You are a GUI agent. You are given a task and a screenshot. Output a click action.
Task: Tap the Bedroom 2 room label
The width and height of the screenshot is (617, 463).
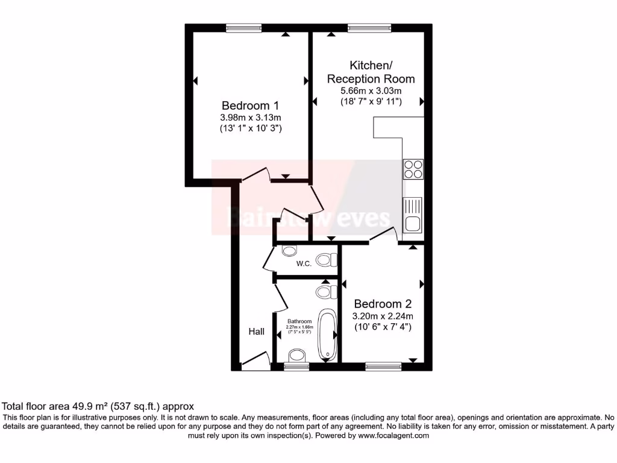pyautogui.click(x=383, y=303)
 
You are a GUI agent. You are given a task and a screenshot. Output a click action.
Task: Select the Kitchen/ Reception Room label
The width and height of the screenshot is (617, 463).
pyautogui.click(x=371, y=72)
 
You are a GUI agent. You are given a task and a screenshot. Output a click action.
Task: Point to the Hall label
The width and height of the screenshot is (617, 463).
pyautogui.click(x=257, y=332)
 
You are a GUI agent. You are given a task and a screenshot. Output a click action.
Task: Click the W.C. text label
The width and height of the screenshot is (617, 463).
pyautogui.click(x=304, y=264)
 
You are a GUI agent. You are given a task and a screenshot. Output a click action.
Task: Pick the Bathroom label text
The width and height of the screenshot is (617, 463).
pyautogui.click(x=299, y=321)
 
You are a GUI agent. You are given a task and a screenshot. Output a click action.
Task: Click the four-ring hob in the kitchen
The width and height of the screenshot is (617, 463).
pyautogui.click(x=413, y=169)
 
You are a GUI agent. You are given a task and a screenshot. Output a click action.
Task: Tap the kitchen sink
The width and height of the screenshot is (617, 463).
pyautogui.click(x=413, y=215)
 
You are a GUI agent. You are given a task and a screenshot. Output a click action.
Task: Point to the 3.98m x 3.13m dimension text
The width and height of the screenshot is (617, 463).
pyautogui.click(x=251, y=118)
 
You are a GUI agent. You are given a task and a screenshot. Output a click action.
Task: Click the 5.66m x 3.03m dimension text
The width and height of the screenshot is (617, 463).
pyautogui.click(x=371, y=90)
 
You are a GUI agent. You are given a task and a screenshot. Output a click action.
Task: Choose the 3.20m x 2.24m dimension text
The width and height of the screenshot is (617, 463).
pyautogui.click(x=383, y=316)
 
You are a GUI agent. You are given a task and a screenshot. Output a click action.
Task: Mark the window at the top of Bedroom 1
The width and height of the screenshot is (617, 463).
pyautogui.click(x=244, y=27)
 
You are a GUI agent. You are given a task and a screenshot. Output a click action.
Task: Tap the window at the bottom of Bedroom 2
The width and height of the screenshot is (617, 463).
pyautogui.click(x=383, y=365)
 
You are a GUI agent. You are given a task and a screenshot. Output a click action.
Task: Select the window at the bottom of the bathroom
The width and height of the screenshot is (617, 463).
pyautogui.click(x=296, y=365)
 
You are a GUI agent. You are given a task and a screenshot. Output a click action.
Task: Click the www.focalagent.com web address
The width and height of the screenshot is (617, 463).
pyautogui.click(x=392, y=435)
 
